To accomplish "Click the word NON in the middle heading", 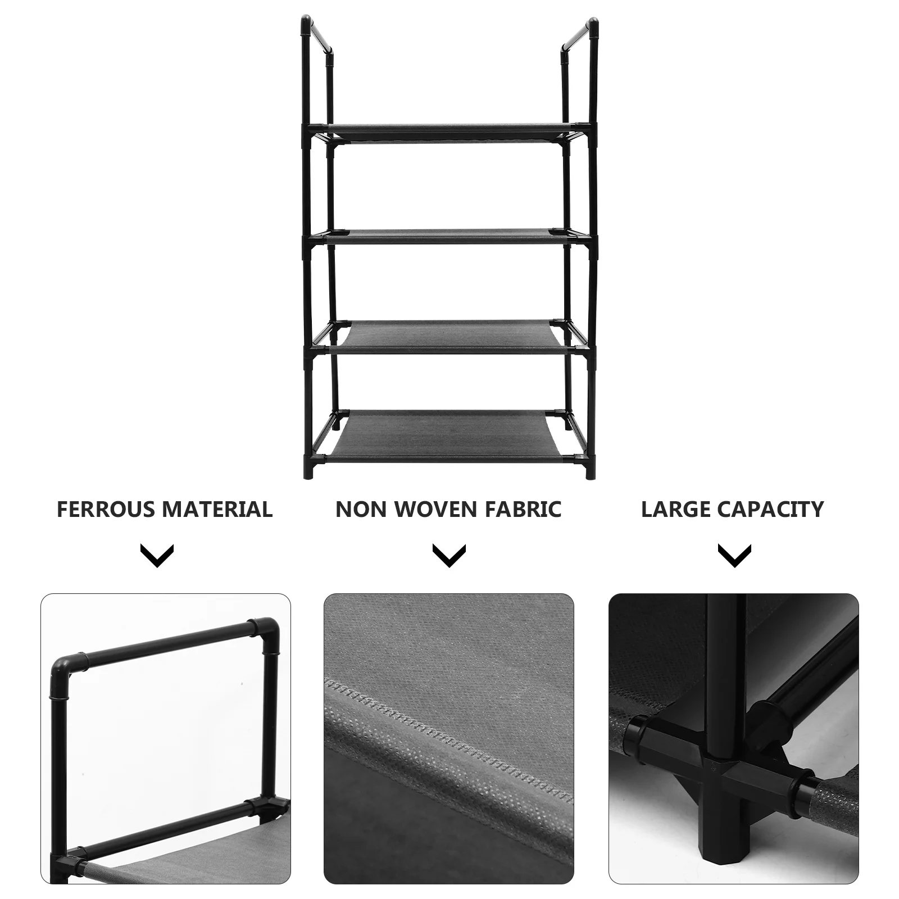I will pyautogui.click(x=360, y=509).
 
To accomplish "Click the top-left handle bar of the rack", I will pyautogui.click(x=318, y=35).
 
